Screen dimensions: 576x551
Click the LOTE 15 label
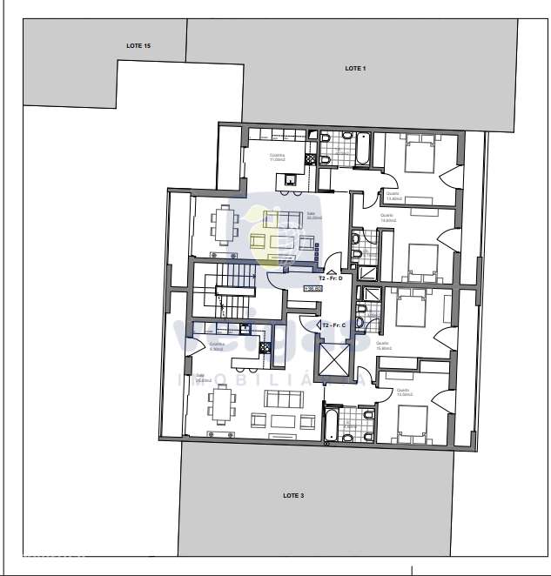click(138, 44)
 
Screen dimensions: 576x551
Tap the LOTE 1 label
click(355, 68)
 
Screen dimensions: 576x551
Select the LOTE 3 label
click(293, 495)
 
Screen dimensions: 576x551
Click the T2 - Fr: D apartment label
click(337, 278)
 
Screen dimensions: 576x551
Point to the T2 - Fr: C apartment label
click(334, 325)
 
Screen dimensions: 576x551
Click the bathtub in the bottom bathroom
click(331, 424)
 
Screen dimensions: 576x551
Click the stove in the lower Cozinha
click(245, 328)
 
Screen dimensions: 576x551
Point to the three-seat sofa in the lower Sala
click(283, 399)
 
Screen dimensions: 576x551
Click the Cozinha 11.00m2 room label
click(277, 157)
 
